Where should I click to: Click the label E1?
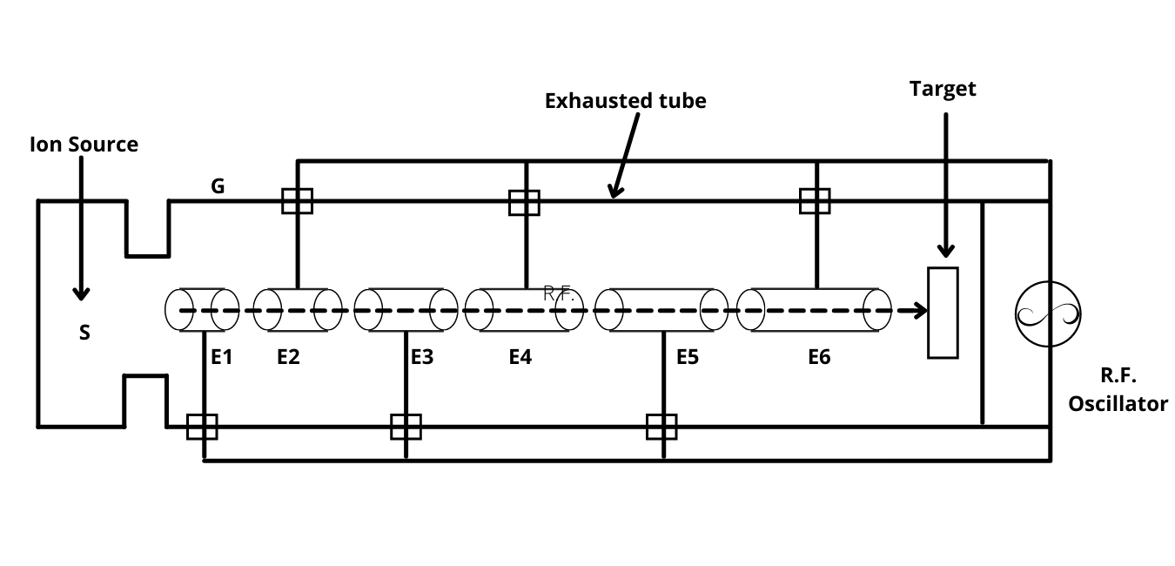(x=222, y=356)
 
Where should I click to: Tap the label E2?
(x=288, y=356)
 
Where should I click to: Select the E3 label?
(x=422, y=356)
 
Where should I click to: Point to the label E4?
(x=520, y=356)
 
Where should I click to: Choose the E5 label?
(x=688, y=356)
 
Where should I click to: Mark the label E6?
(x=819, y=356)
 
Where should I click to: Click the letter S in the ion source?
(x=84, y=333)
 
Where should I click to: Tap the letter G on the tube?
(x=218, y=185)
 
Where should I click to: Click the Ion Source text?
(x=84, y=144)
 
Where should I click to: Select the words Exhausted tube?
(x=625, y=100)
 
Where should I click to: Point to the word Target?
(x=943, y=88)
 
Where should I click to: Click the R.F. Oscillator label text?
(x=1118, y=389)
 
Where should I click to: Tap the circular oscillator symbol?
(x=1048, y=313)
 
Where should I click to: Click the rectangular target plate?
(x=943, y=313)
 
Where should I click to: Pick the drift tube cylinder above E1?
(x=202, y=310)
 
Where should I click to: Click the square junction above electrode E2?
(x=297, y=201)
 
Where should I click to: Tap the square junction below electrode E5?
(x=661, y=427)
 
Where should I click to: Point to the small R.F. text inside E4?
(x=559, y=294)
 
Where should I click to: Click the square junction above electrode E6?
(x=815, y=201)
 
